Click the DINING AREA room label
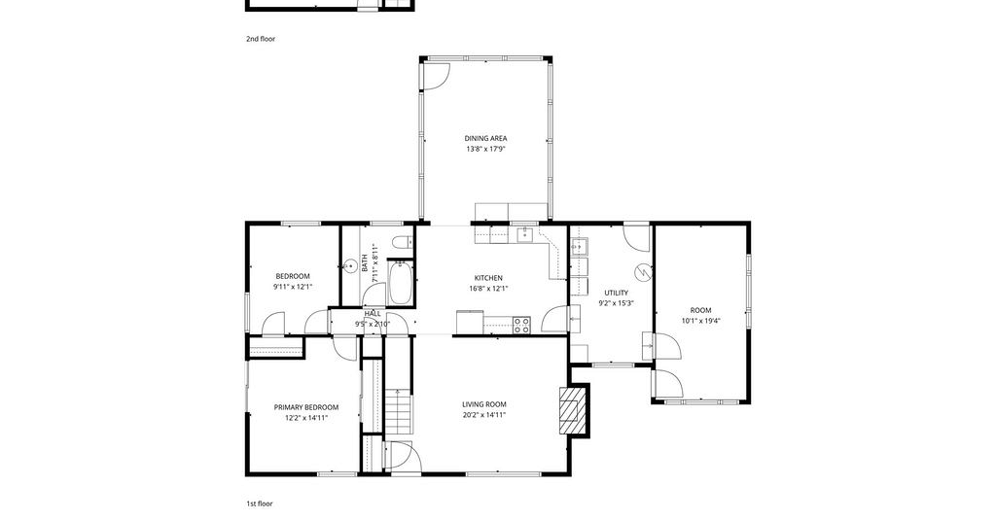[485, 138]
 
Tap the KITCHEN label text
[488, 278]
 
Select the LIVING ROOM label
[484, 404]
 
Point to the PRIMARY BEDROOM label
[306, 407]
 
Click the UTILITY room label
[616, 293]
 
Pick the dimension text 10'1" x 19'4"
[700, 321]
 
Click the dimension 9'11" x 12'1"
[293, 287]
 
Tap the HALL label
[373, 314]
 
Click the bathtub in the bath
[400, 283]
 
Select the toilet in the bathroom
[401, 242]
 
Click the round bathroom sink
[350, 266]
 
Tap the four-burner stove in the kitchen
[522, 325]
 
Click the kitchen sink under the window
[525, 235]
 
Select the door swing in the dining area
[437, 76]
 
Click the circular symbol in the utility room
[644, 271]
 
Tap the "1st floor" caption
[260, 504]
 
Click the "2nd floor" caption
[261, 39]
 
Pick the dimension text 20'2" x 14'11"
[484, 415]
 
